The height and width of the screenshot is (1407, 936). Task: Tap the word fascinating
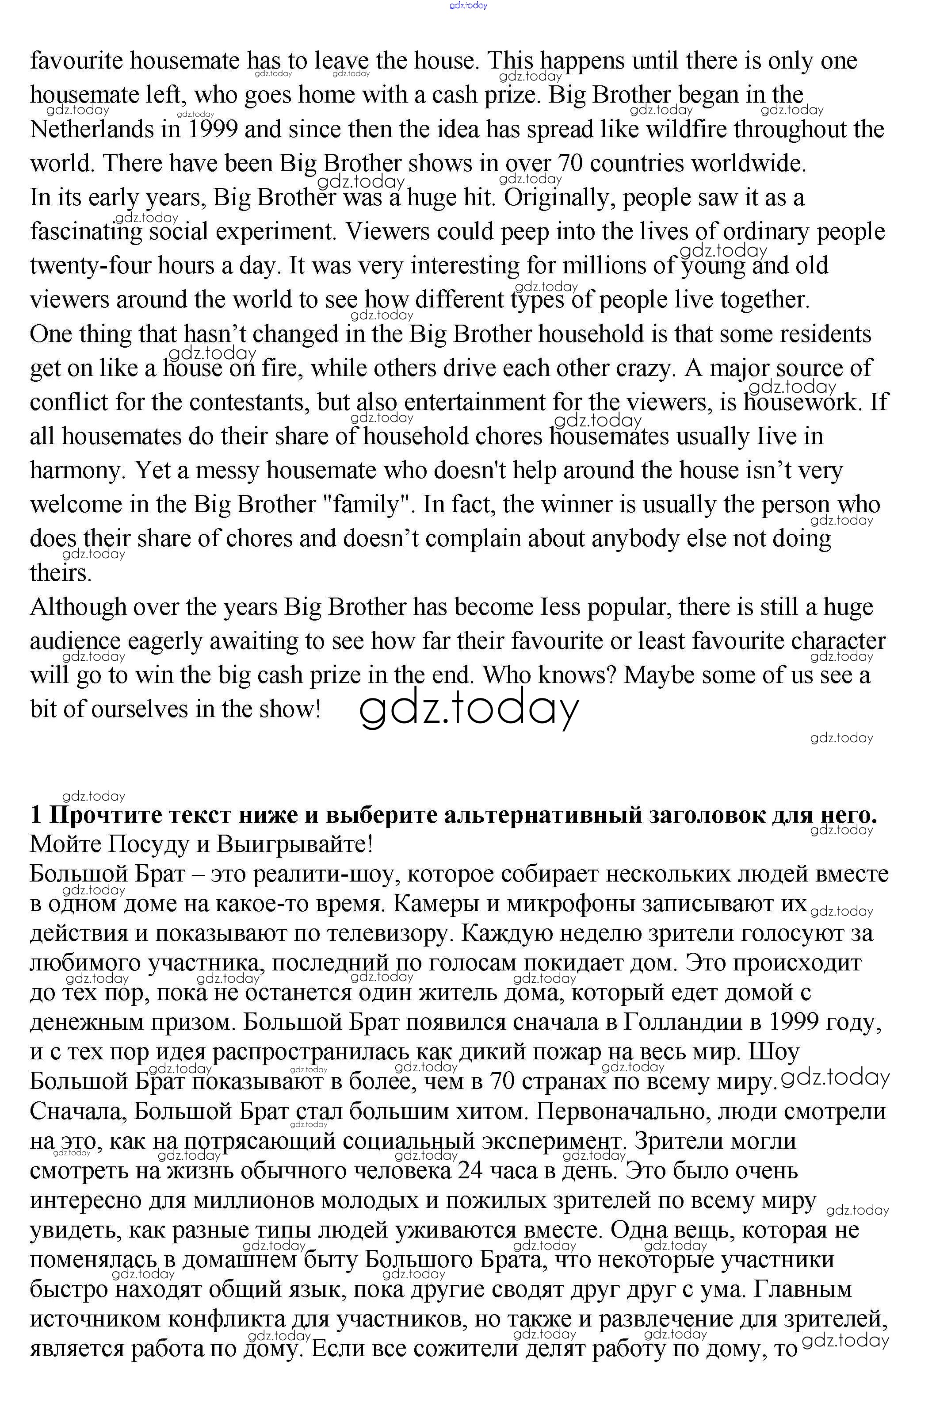86,232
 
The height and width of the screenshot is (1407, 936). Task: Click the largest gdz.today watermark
469,709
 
